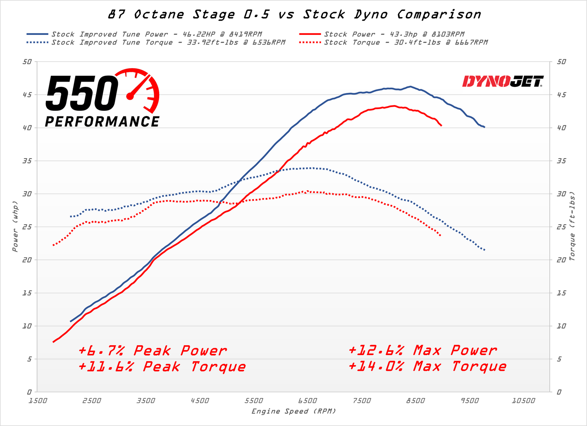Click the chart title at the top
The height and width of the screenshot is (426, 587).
294,15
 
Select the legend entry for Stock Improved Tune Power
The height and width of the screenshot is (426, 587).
156,34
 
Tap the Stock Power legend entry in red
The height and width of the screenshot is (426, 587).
394,34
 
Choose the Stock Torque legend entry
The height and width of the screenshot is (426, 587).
405,42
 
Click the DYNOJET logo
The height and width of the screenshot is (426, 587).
503,82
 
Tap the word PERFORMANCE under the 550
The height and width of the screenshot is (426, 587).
102,122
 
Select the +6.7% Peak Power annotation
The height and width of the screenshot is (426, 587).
152,351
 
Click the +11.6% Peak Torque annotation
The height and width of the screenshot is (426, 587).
162,367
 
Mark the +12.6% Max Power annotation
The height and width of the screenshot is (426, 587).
422,350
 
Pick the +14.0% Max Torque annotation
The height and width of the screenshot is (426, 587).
427,366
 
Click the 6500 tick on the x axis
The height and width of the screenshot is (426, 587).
308,401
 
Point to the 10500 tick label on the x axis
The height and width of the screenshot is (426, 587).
523,401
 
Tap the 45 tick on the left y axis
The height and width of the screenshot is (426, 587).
27,95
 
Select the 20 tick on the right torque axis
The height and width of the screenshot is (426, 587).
561,260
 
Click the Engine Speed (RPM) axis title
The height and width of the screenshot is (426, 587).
294,411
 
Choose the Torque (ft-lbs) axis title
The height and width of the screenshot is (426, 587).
572,226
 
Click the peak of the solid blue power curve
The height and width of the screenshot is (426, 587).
410,86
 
